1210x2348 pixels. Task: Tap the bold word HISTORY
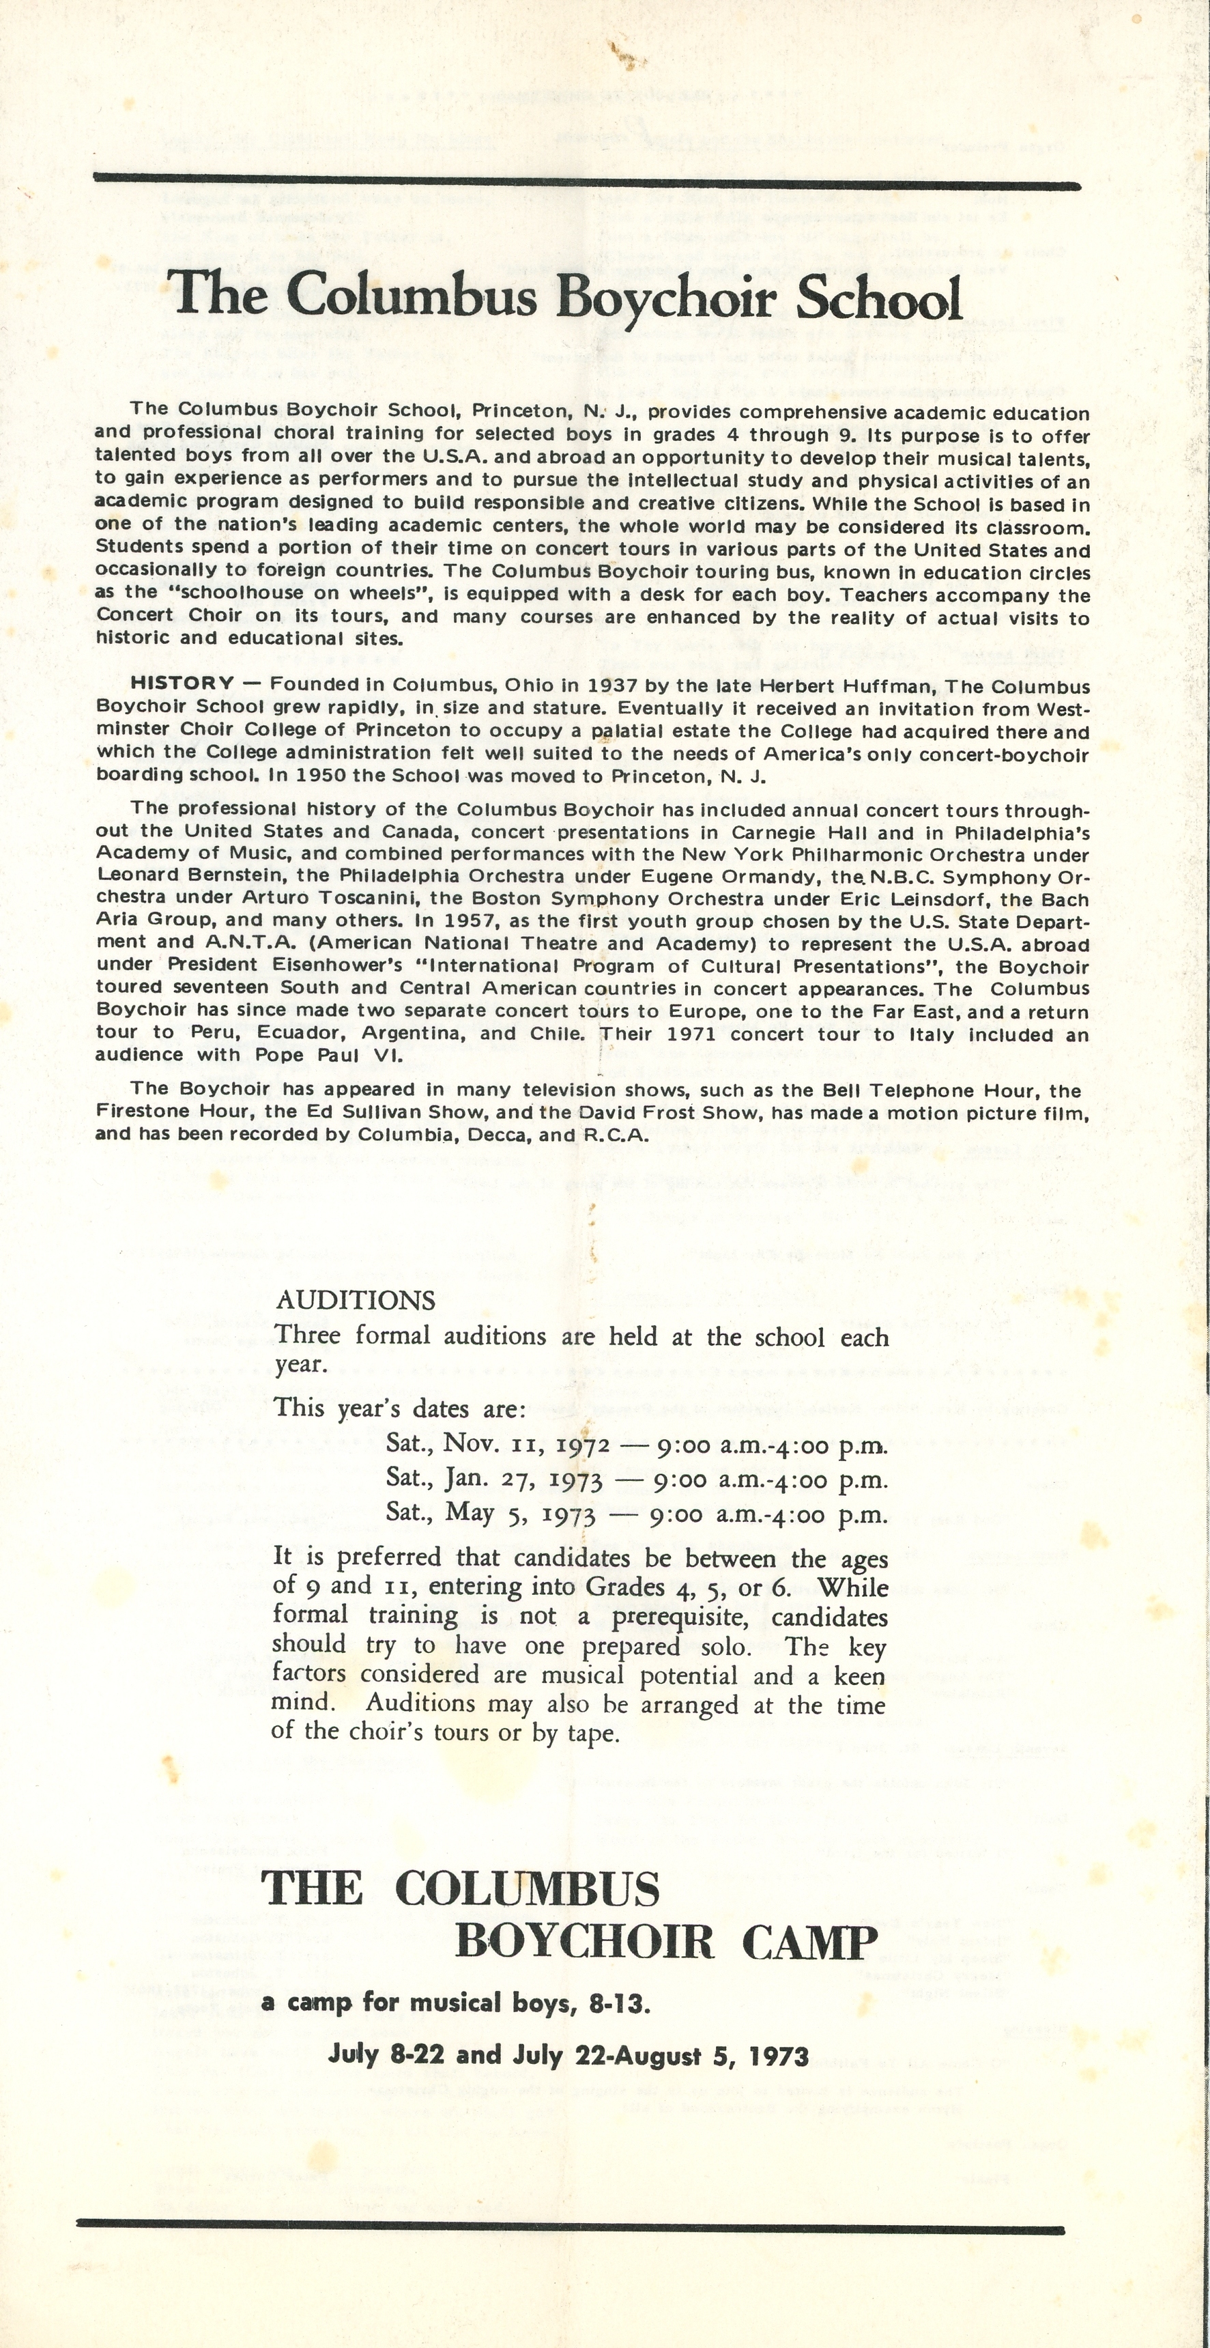pos(182,683)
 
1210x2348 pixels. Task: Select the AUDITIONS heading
pos(356,1300)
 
